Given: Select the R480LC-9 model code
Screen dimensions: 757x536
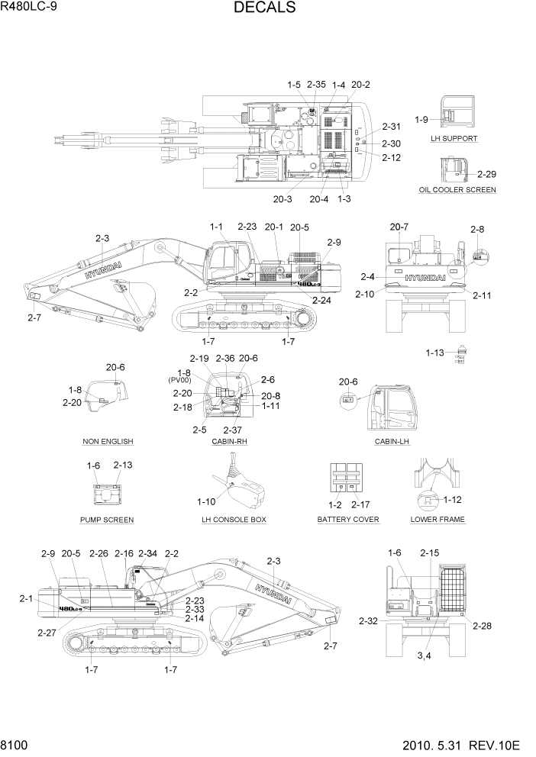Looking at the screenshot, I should click(35, 8).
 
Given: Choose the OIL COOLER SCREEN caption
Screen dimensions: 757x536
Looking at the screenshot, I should click(457, 190).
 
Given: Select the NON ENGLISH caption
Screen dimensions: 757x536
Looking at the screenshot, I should click(108, 442).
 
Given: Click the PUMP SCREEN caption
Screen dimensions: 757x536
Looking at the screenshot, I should click(107, 520).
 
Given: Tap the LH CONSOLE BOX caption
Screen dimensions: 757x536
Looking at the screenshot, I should click(234, 520).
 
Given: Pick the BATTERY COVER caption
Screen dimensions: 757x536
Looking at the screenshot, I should click(348, 520).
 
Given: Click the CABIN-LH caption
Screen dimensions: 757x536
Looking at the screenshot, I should click(391, 442).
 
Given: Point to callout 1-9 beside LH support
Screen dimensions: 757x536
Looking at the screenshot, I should click(421, 120).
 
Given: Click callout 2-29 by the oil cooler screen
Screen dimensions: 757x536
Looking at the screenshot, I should click(486, 174).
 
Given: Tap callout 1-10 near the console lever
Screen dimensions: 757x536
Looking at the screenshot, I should click(207, 502).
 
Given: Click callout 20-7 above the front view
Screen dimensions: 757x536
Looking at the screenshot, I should click(399, 227).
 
